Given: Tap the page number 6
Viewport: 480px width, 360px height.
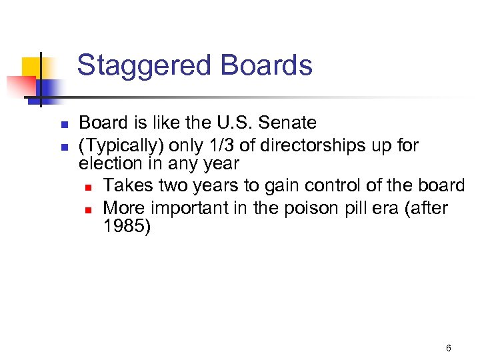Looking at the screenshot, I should tap(449, 348).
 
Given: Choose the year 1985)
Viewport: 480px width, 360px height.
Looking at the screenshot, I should tap(127, 227).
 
